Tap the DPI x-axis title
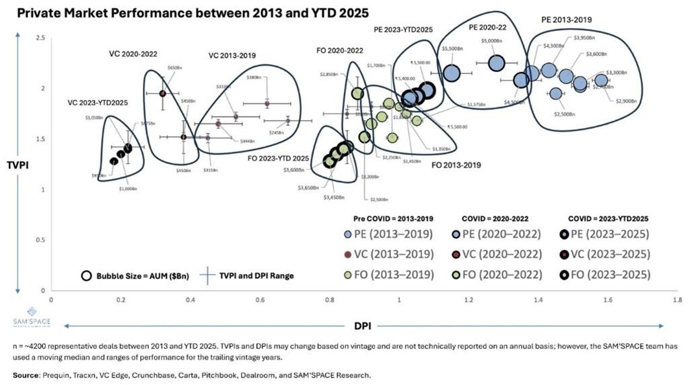(x=362, y=326)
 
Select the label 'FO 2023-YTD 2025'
(x=279, y=159)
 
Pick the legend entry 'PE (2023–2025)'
(x=608, y=234)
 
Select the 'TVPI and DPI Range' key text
(x=259, y=275)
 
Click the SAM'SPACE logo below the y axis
(x=32, y=317)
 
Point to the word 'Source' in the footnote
(x=26, y=374)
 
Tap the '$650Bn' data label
(x=174, y=69)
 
